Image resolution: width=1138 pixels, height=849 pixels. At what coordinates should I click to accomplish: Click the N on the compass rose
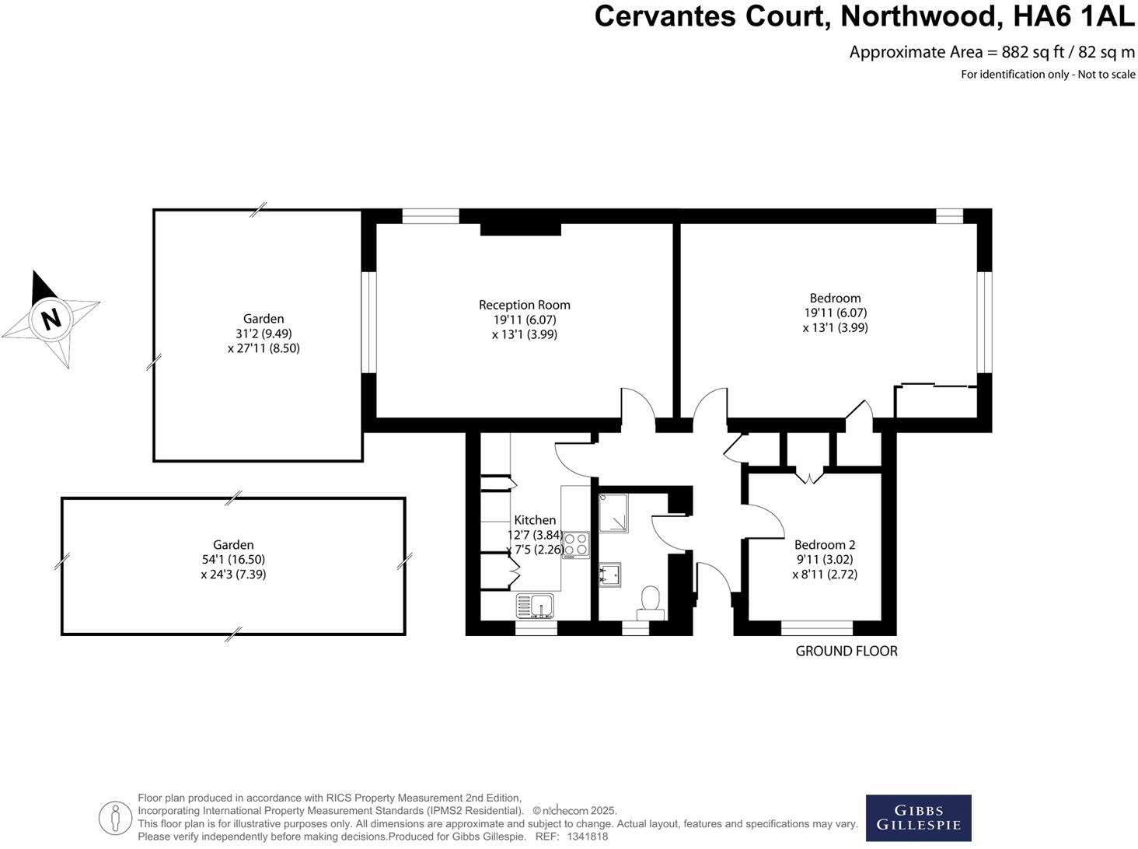pos(51,319)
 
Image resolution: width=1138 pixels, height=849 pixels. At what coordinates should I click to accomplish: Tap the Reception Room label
pos(525,305)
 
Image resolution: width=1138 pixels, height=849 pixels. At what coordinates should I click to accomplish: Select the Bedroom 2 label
pos(825,545)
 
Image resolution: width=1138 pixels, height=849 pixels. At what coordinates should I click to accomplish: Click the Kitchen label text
pos(535,520)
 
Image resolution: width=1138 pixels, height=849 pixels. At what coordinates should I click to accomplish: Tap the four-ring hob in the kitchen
pos(575,543)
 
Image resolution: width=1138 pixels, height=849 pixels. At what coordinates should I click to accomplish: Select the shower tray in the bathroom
pos(613,513)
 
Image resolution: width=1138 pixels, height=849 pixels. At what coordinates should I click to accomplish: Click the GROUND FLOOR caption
pos(847,652)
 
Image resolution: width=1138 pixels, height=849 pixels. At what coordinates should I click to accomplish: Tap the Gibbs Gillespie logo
pos(918,818)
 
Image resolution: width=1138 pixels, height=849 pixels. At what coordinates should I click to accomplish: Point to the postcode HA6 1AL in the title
pos(1069,16)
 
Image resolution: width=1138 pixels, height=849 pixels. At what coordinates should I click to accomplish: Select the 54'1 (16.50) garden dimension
pos(233,560)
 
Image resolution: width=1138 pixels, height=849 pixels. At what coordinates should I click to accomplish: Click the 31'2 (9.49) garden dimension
pos(264,334)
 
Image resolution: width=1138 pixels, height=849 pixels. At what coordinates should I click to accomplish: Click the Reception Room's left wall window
pos(370,322)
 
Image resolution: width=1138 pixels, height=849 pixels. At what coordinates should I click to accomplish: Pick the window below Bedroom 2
pos(816,627)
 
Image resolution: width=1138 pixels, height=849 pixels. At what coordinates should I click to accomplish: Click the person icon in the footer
pos(116,817)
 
